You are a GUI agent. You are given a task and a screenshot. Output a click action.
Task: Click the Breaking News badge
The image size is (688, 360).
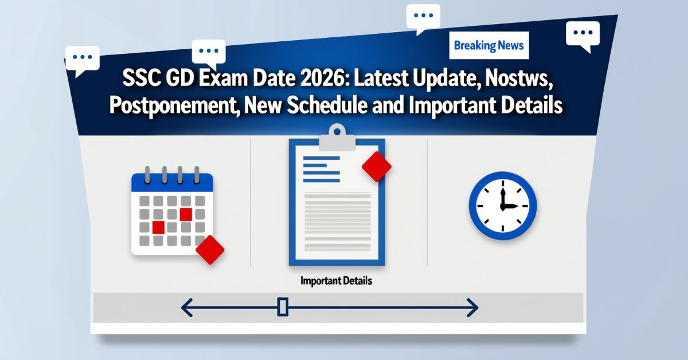coord(488,45)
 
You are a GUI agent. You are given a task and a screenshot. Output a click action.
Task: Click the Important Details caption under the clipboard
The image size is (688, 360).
coord(336,281)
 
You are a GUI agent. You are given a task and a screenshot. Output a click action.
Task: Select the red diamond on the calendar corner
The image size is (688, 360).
coord(210,250)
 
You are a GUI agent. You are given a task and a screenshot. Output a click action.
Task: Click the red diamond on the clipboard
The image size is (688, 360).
coord(377,167)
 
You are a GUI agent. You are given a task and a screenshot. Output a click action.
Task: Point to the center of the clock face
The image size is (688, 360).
coord(502,206)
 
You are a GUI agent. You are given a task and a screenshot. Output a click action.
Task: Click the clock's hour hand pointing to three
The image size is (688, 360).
coord(510,206)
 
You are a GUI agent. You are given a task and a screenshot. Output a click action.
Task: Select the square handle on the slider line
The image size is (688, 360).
coord(282,307)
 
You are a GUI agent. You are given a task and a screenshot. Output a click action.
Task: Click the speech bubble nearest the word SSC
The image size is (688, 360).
coord(82,58)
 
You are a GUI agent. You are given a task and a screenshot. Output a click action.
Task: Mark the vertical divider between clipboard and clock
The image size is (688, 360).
coord(427,204)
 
